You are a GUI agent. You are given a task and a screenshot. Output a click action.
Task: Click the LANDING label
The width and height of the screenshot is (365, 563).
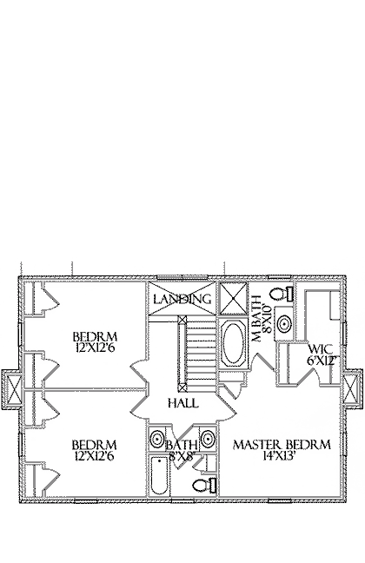coord(182,299)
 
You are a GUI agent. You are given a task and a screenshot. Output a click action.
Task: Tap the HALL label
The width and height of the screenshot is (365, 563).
coord(183,403)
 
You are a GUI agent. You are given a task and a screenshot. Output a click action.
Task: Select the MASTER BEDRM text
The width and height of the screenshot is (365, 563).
coord(282,445)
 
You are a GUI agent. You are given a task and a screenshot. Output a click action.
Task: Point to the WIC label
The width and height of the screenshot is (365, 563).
coord(321,349)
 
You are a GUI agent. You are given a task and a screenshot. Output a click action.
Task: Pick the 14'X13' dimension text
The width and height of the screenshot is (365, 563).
coord(279,456)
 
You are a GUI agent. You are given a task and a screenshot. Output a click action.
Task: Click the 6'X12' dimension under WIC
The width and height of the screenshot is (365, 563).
coord(322,361)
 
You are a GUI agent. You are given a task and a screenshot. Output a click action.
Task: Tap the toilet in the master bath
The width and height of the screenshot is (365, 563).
coord(283,294)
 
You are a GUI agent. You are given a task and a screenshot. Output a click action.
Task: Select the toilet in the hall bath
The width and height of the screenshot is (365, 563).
coord(204,485)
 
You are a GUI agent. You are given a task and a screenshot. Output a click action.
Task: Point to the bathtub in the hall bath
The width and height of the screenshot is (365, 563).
coord(159,475)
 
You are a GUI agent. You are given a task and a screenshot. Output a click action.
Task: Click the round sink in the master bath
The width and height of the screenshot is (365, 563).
coord(284,323)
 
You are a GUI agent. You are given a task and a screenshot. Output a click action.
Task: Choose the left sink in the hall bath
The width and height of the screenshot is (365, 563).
coord(156,438)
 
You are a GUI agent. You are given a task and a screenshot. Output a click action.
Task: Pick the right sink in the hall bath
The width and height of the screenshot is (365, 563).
coord(208,438)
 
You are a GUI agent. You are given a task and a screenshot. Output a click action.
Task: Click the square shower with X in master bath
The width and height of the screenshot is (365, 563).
coord(234,298)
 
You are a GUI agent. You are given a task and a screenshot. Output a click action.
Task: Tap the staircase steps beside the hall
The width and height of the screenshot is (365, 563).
coord(199,354)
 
